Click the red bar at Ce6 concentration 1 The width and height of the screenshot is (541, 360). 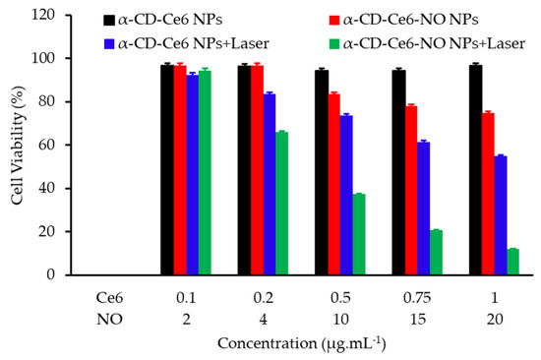tap(459, 194)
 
